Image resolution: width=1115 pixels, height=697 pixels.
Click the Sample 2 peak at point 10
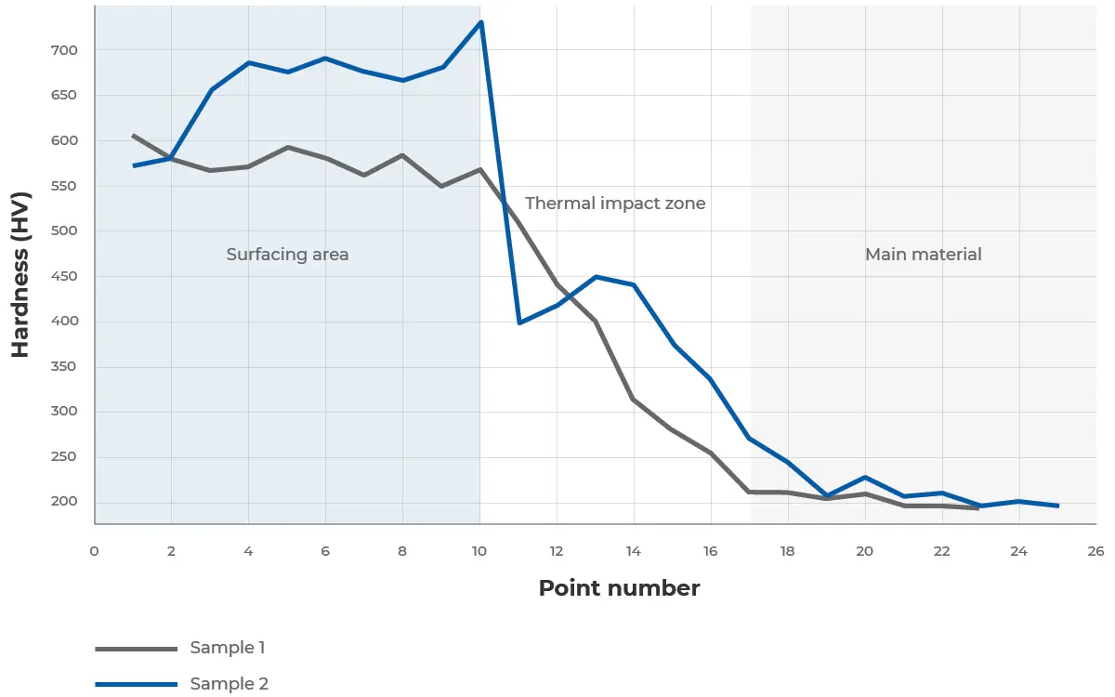pos(481,21)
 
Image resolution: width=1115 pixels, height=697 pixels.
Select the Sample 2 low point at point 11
pos(519,322)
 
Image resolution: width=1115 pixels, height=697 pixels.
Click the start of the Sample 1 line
pos(134,136)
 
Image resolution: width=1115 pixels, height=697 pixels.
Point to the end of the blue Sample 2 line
pos(1057,506)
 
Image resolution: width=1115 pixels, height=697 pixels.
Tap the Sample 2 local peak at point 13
pos(596,277)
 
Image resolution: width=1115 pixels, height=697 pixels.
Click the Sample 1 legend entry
pos(227,648)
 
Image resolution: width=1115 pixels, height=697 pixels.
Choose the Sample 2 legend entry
pos(229,684)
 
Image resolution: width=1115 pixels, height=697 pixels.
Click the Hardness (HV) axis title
pos(20,275)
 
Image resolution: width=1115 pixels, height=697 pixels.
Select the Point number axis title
pos(619,588)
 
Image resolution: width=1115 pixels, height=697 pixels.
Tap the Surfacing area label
pos(287,254)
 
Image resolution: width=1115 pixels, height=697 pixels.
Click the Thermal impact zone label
pos(615,203)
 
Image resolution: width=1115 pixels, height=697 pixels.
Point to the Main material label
pos(923,254)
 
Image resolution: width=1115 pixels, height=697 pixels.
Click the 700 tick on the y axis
pos(66,49)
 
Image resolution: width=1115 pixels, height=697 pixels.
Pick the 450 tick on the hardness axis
pos(66,276)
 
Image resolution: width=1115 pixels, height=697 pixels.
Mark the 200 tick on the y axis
pos(66,503)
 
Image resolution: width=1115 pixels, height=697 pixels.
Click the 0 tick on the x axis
pos(95,551)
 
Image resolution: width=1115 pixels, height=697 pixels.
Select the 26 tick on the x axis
pos(1095,551)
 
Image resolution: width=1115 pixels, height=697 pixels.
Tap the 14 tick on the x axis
pos(634,551)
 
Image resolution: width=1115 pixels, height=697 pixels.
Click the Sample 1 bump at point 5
pos(288,147)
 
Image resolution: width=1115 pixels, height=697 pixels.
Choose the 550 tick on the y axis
pos(66,186)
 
